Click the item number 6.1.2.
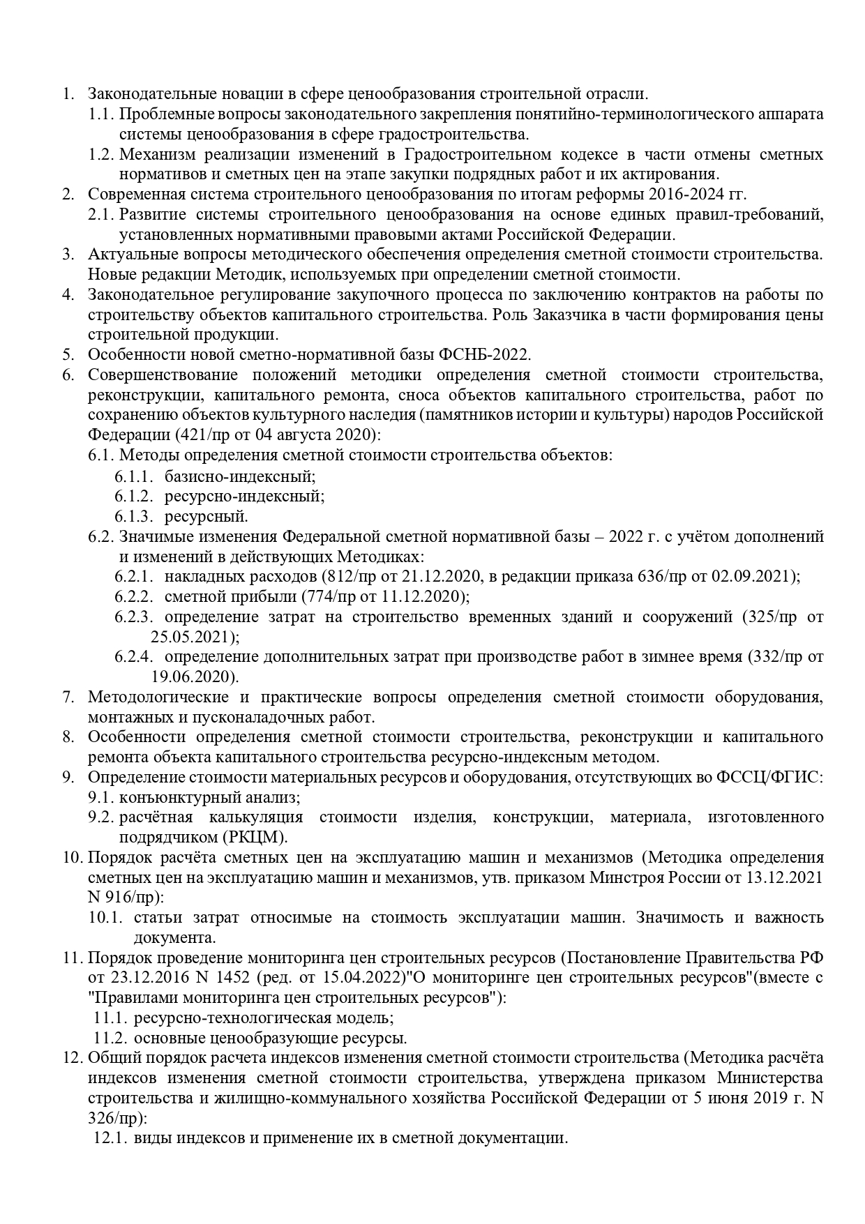click(133, 496)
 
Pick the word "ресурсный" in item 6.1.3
click(206, 517)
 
